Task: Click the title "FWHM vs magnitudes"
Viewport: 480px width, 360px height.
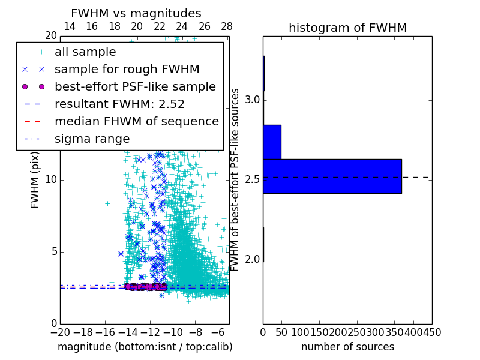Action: coord(136,13)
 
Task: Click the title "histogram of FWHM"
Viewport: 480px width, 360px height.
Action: coord(347,28)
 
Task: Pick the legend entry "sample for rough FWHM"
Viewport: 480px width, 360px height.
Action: coord(127,69)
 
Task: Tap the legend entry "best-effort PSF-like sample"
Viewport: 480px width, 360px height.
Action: coord(135,86)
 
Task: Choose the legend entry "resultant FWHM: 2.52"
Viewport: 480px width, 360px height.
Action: coord(119,104)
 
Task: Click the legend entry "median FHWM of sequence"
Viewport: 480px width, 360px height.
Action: coord(136,121)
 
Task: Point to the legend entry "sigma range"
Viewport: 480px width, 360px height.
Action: coord(92,139)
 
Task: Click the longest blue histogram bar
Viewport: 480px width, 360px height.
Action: coord(332,176)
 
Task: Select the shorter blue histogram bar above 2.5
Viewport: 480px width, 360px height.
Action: coord(272,142)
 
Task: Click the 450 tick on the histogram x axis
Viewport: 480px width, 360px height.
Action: coord(431,332)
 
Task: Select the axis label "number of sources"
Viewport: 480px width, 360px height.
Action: coord(347,347)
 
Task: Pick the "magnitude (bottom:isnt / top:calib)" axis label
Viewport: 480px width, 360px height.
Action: coord(145,347)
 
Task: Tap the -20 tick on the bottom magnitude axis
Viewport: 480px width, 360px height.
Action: coord(60,332)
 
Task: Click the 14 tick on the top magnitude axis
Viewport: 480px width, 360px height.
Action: coord(69,26)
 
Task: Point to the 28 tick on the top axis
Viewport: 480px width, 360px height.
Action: coord(227,26)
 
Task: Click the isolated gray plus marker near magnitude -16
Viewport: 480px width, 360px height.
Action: coord(107,203)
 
